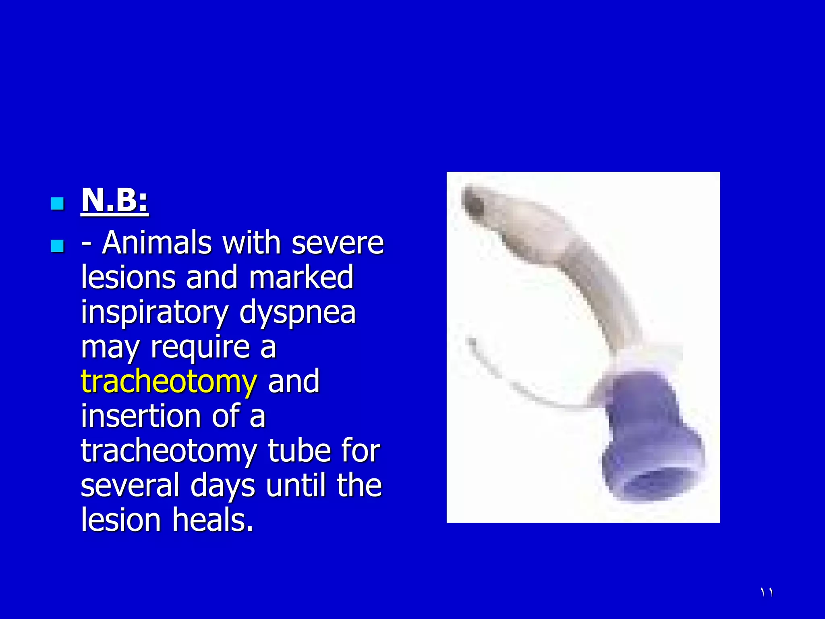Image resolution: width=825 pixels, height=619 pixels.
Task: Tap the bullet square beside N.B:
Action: pyautogui.click(x=58, y=204)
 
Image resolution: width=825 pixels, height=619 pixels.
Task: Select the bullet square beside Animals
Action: pyautogui.click(x=58, y=245)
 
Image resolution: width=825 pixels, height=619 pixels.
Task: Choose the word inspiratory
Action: pyautogui.click(x=155, y=313)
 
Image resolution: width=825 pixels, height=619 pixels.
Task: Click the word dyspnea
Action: pyautogui.click(x=298, y=313)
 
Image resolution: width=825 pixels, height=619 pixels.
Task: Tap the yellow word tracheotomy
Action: pyautogui.click(x=168, y=382)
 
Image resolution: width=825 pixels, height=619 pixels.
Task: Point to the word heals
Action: pyautogui.click(x=213, y=520)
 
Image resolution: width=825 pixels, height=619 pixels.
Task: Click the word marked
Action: pyautogui.click(x=301, y=278)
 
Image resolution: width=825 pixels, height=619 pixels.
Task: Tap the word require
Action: pyautogui.click(x=200, y=347)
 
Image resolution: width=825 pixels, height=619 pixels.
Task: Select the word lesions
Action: pyautogui.click(x=128, y=278)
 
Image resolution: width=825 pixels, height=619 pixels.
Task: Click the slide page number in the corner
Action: pyautogui.click(x=767, y=592)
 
